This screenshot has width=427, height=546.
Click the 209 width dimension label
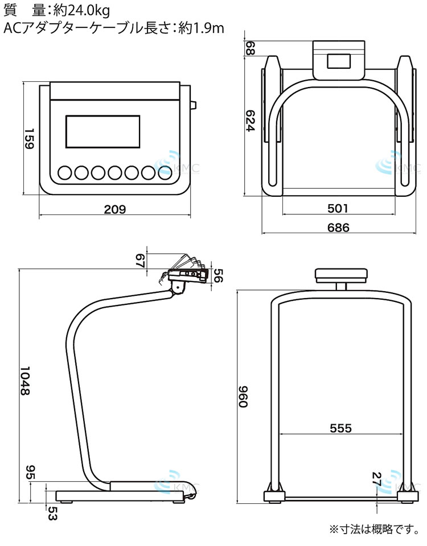[114, 209]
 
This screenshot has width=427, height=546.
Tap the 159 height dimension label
[29, 139]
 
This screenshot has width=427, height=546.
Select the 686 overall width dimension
[338, 227]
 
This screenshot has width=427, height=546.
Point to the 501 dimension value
[338, 208]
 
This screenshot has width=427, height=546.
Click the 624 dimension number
[251, 121]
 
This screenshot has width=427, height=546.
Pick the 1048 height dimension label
[24, 380]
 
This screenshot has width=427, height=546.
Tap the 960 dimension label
[243, 396]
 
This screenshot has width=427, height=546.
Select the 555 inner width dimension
[341, 428]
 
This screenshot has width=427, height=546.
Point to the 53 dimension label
[52, 513]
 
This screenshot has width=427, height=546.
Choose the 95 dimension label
[30, 472]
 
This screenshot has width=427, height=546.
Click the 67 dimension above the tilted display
[140, 260]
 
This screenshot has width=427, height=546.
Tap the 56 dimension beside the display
[218, 275]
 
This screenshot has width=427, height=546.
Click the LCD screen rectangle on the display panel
[103, 131]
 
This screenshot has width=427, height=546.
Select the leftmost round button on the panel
[65, 173]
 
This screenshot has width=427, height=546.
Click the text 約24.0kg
[81, 11]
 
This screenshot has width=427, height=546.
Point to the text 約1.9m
[202, 28]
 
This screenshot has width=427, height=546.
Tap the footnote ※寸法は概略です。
[375, 530]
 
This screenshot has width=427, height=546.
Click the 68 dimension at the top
[251, 48]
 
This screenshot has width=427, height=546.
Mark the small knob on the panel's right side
[194, 105]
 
